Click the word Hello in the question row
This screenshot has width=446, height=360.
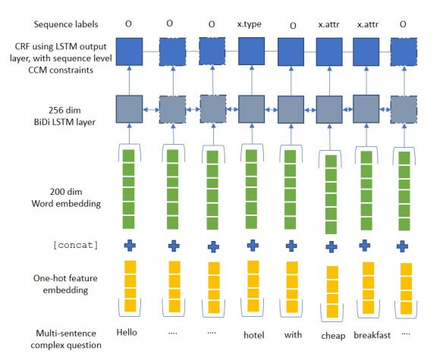tap(127, 332)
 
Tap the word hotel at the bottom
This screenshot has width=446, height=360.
tap(253, 335)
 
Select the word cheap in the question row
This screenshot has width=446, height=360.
tap(333, 336)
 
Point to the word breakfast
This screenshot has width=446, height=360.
tap(372, 335)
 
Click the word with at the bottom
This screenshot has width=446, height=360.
tap(293, 335)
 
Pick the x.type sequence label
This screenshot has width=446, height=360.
tap(249, 24)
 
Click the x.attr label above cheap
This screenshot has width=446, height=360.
tap(329, 24)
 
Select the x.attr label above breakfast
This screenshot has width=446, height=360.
tap(368, 24)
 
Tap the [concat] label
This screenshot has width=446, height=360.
tap(76, 245)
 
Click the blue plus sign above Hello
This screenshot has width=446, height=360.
tap(130, 246)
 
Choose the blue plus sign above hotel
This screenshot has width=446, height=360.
tap(253, 246)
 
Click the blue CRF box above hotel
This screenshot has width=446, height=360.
tap(252, 52)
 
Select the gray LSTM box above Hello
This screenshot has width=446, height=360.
tap(129, 109)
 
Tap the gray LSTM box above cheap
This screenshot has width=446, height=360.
tap(329, 109)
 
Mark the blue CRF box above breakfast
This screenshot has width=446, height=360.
tap(366, 52)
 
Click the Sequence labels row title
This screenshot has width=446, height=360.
tap(66, 24)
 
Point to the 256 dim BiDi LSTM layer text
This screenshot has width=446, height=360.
tap(64, 116)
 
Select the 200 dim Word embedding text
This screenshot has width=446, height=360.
tap(66, 198)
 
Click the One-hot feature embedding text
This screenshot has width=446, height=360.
tap(65, 284)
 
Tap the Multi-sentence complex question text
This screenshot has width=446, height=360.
tap(66, 339)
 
